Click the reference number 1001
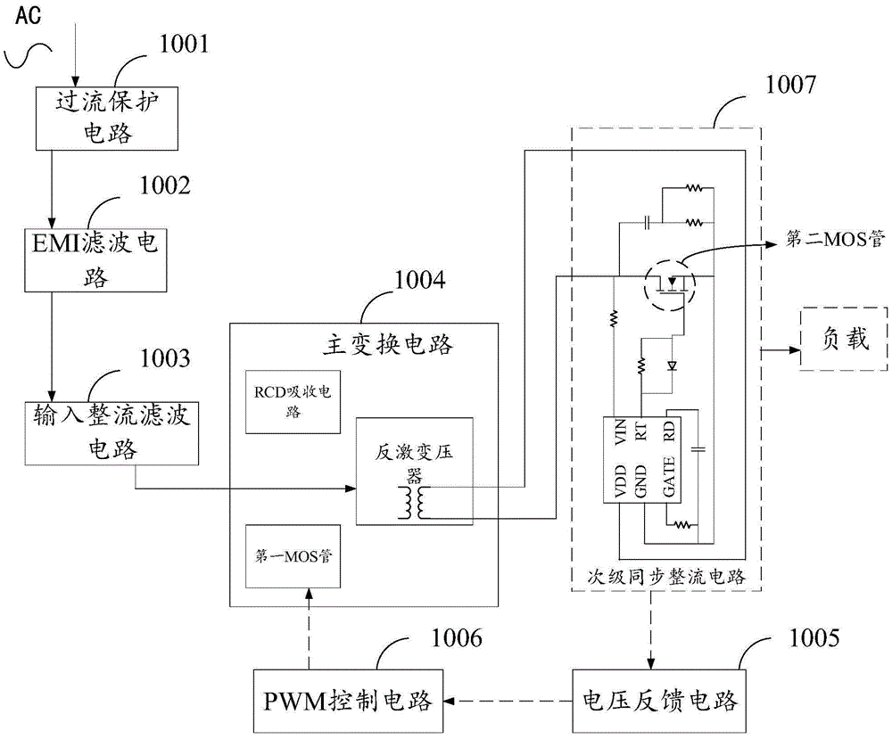click(x=183, y=42)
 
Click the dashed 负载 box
click(x=843, y=340)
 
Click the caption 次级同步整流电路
click(x=665, y=578)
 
